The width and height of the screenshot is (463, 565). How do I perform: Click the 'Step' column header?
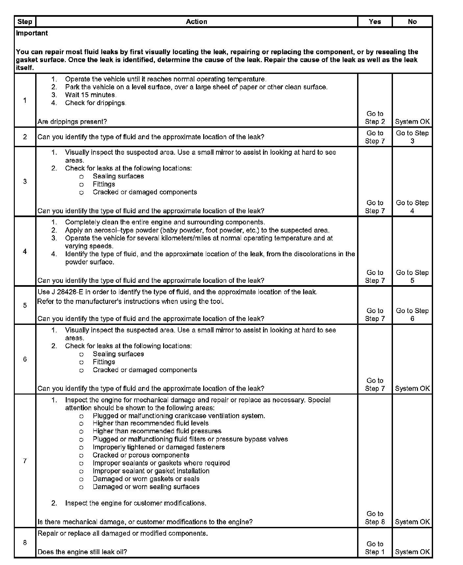tap(25, 22)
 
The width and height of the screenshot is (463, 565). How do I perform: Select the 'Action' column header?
tap(196, 22)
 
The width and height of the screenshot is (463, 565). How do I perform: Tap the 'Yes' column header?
tap(375, 22)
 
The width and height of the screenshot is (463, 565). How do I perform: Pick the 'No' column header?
tap(412, 22)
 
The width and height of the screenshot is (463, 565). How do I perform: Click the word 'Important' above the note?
tap(32, 33)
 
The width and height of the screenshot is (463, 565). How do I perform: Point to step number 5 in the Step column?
tap(25, 305)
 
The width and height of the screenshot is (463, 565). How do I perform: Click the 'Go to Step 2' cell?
tap(375, 118)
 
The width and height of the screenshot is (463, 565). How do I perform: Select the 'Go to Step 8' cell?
tap(375, 518)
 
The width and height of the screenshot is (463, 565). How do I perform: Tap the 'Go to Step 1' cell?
tap(375, 548)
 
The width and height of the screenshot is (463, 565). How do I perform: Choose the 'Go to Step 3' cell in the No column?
tap(412, 137)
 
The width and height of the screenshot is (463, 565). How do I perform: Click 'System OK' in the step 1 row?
tap(412, 122)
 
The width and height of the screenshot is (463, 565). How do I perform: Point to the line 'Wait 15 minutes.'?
tap(91, 95)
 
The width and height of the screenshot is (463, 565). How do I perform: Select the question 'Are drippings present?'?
tap(72, 122)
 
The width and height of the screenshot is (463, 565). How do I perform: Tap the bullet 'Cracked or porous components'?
tap(141, 455)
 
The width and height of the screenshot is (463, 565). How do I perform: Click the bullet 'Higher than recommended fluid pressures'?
tap(157, 431)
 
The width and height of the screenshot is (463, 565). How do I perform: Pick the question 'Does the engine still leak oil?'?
tap(82, 552)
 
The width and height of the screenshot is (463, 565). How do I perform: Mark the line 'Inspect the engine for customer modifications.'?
tap(135, 503)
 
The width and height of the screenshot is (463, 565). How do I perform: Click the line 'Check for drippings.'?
tap(95, 103)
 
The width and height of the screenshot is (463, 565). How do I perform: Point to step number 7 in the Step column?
tap(25, 461)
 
